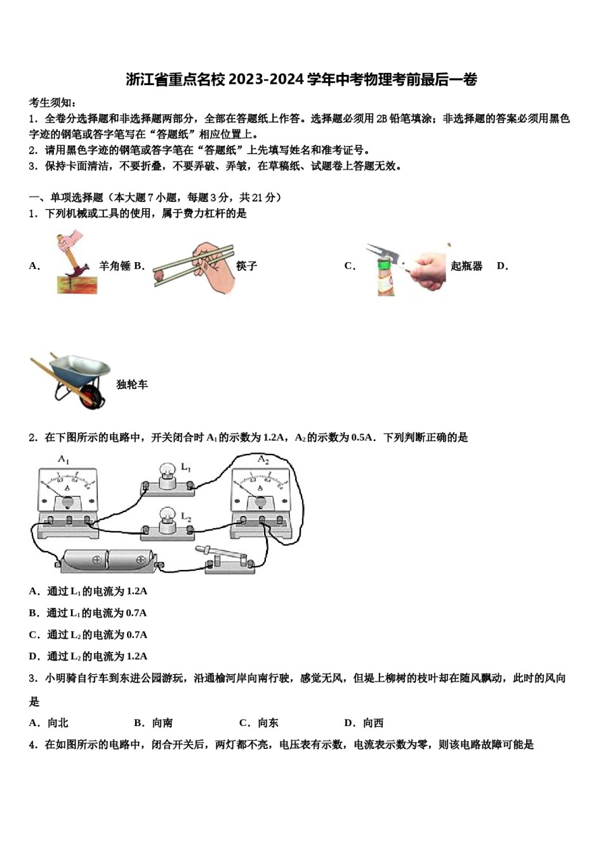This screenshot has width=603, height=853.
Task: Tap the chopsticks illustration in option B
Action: click(x=194, y=267)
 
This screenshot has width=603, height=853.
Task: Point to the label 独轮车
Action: click(x=132, y=385)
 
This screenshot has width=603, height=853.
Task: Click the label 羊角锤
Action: click(x=114, y=266)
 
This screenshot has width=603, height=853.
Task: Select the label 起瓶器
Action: click(x=467, y=266)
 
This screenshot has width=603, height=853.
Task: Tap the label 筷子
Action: click(x=246, y=266)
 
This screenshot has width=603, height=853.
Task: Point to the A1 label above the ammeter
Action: click(x=64, y=460)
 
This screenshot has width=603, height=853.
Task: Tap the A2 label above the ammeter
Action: click(x=263, y=460)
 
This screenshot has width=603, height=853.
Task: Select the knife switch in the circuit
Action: click(x=227, y=559)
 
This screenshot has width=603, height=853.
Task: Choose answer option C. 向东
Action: click(x=259, y=723)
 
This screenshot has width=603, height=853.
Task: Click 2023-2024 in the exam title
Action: click(x=266, y=79)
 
